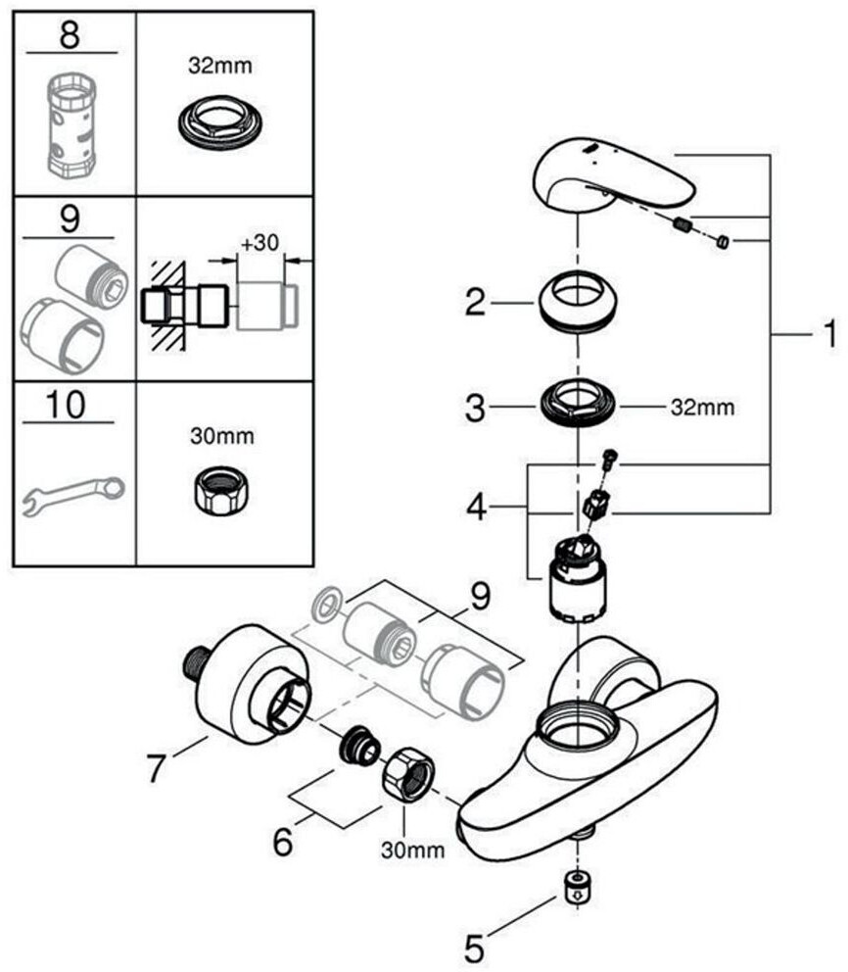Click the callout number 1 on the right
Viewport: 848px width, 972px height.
click(828, 336)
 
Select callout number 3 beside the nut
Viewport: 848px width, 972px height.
click(476, 408)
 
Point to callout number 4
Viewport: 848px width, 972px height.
click(476, 509)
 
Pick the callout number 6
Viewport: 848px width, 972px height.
click(283, 840)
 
